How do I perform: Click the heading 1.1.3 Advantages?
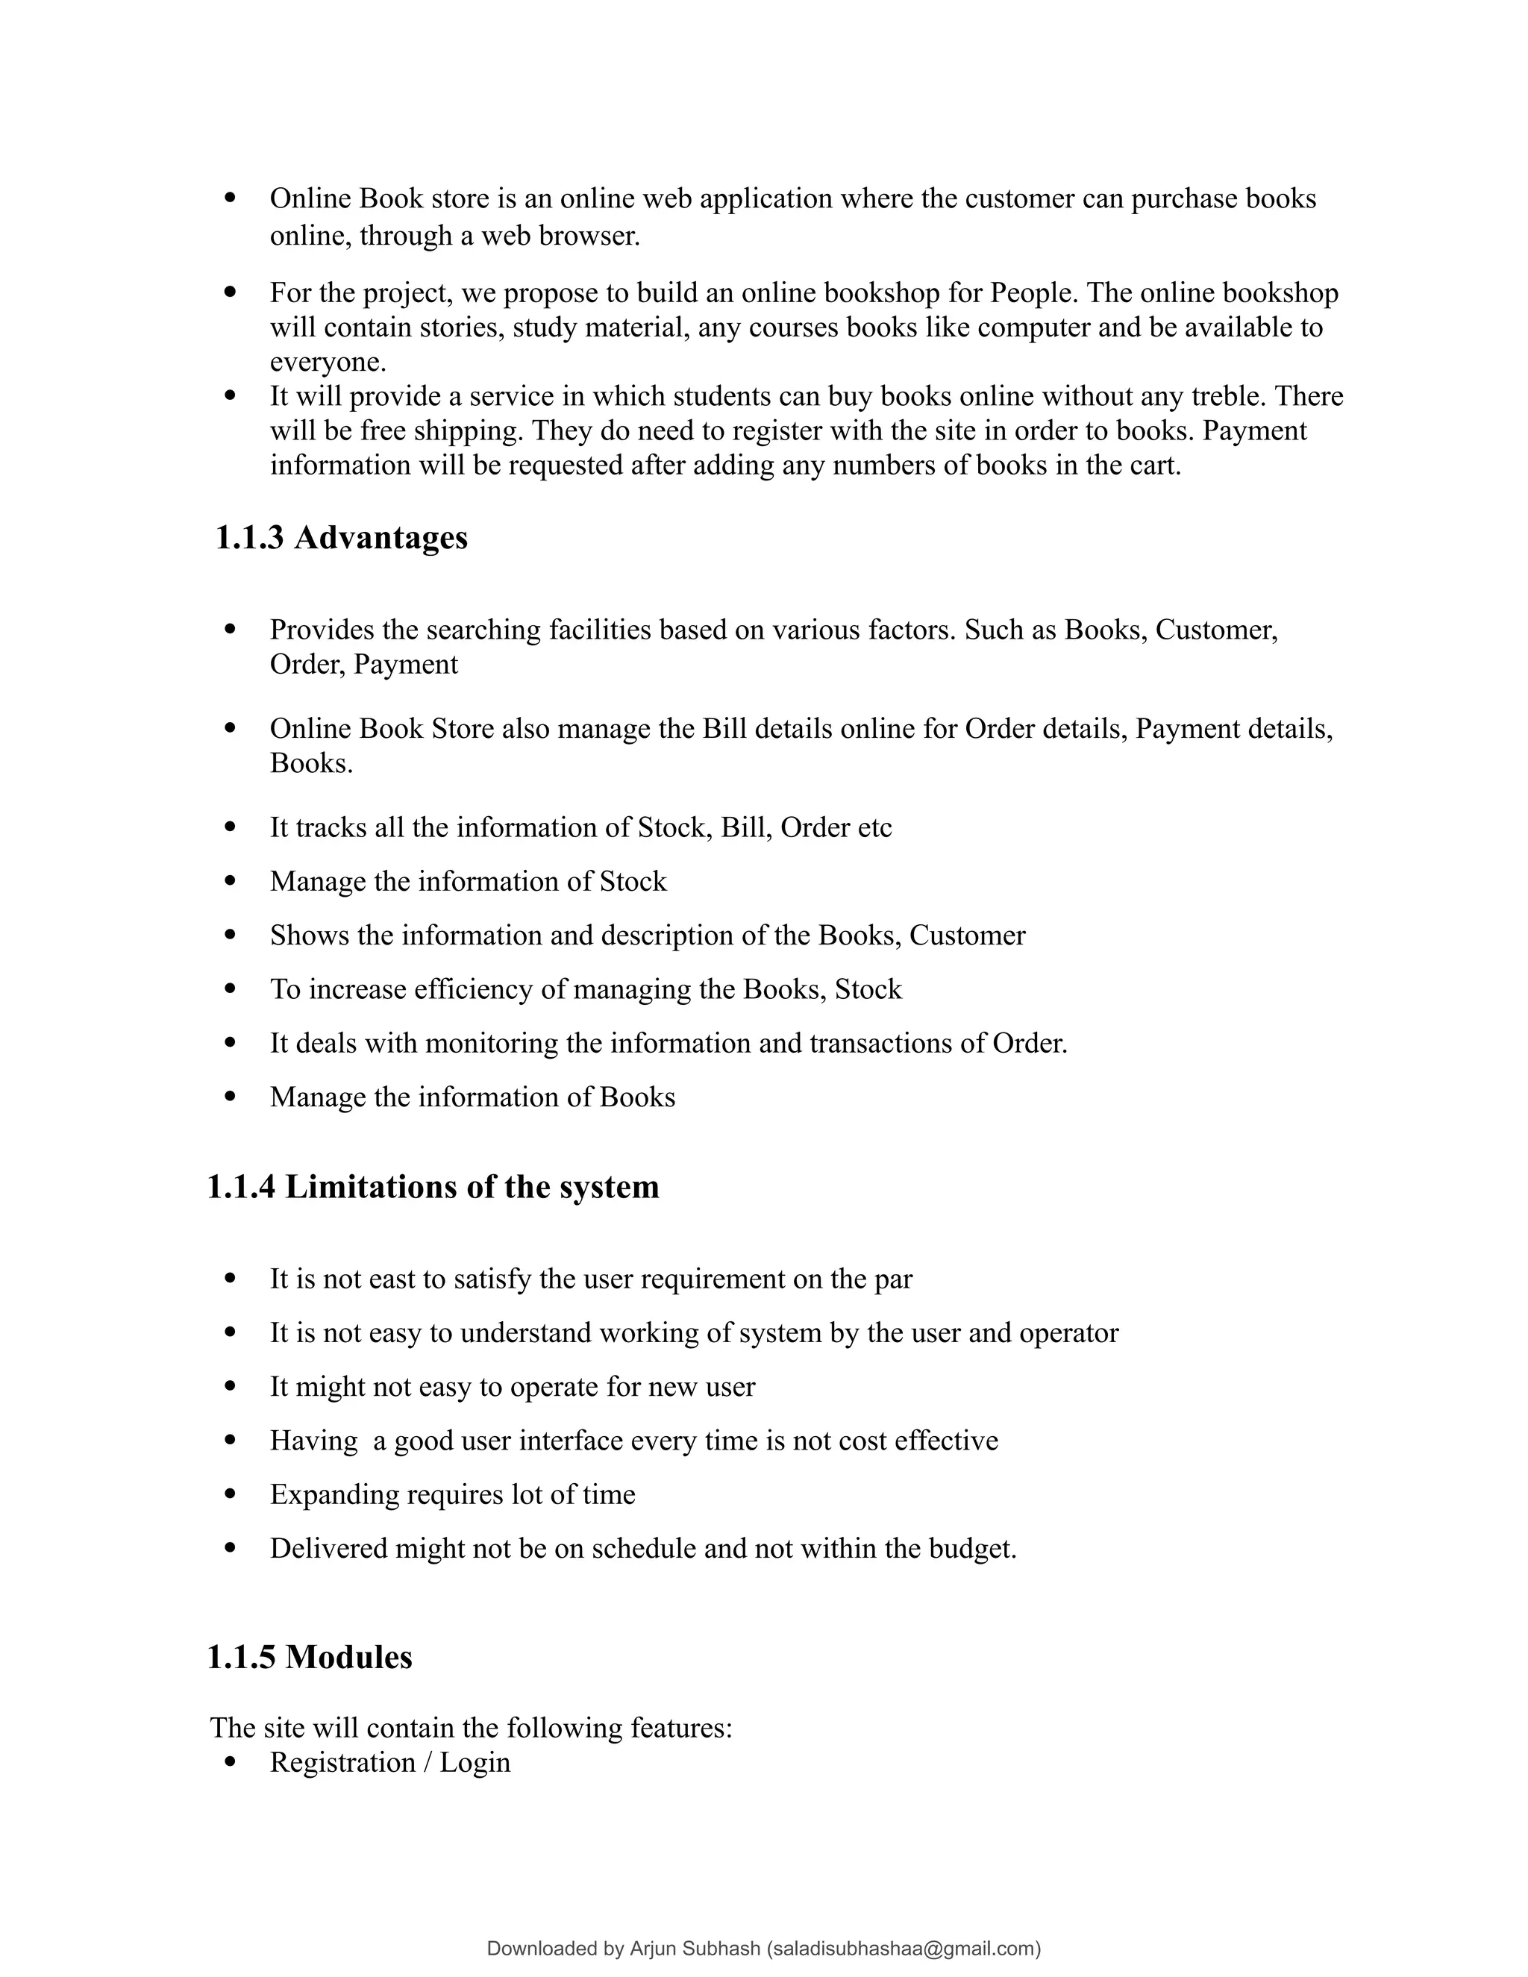click(x=341, y=538)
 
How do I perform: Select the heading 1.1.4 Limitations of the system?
click(x=433, y=1187)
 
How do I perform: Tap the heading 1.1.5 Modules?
click(x=310, y=1656)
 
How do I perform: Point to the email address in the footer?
click(x=904, y=1949)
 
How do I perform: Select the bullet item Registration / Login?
click(x=390, y=1761)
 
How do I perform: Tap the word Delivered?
click(x=328, y=1548)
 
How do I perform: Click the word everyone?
click(x=326, y=362)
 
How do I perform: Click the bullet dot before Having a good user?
click(x=230, y=1439)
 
